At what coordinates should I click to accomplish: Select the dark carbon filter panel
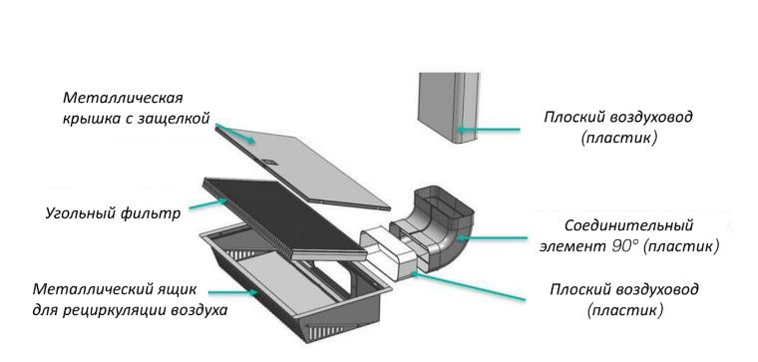click(285, 218)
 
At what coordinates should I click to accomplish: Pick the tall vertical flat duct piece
click(449, 108)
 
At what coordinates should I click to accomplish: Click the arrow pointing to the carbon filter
click(208, 204)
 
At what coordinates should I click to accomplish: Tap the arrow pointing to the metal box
click(233, 292)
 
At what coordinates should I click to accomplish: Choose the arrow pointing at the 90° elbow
click(491, 237)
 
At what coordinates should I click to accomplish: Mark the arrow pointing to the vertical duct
click(488, 130)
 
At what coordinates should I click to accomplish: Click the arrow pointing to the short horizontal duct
click(468, 286)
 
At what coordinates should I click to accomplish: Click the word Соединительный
click(629, 225)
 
